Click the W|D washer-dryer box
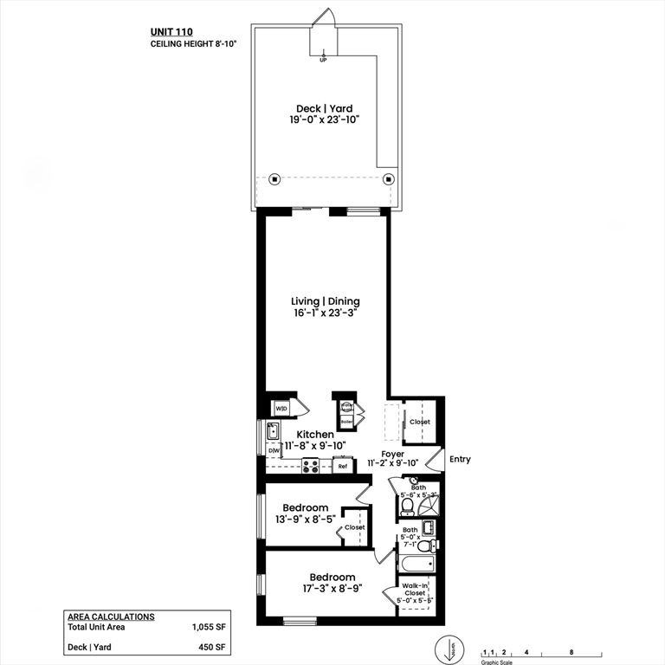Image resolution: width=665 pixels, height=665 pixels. coord(281,408)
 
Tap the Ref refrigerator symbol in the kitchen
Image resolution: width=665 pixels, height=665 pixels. coord(343,467)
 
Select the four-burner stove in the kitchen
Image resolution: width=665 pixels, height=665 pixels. coord(310,467)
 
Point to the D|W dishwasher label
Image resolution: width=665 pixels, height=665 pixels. coord(274,450)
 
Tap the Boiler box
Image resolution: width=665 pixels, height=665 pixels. coord(346,422)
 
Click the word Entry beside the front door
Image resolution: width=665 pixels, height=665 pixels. coord(460,459)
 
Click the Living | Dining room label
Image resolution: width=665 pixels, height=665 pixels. coord(325,301)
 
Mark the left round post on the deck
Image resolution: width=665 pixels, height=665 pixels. coord(274,179)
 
